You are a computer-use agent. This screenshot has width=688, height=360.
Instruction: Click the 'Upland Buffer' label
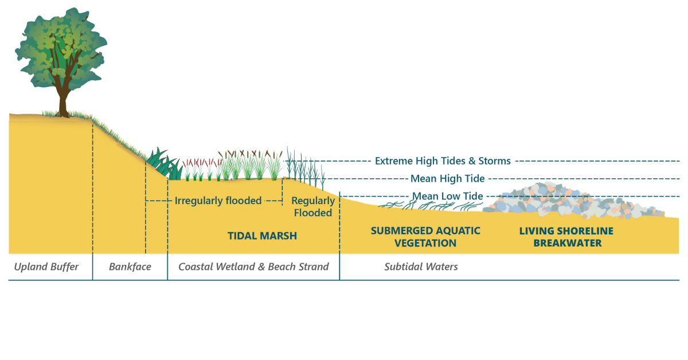[46, 267]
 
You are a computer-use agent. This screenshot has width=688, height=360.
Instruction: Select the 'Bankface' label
[130, 267]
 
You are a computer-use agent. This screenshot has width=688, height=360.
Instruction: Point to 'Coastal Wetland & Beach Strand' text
[253, 267]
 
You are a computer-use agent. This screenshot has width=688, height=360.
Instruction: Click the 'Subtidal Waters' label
[421, 267]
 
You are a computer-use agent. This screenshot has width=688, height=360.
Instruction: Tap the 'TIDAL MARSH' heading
[263, 236]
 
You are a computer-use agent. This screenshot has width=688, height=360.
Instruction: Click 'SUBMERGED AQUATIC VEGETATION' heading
[425, 237]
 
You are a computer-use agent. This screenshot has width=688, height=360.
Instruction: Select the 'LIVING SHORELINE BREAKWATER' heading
[566, 237]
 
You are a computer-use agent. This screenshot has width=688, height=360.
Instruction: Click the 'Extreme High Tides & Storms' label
[443, 161]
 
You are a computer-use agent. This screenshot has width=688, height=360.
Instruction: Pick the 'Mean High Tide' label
[448, 178]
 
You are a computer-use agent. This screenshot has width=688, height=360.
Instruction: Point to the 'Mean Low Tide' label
[448, 196]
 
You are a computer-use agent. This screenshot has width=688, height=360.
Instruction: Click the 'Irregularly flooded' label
[218, 201]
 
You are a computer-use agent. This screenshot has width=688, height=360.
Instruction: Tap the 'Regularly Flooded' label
[313, 206]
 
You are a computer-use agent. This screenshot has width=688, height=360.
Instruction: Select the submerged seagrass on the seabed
[430, 206]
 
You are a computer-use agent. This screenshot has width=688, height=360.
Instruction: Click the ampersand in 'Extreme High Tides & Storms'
[472, 161]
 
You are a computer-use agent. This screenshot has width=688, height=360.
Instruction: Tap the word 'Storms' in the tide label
[494, 161]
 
